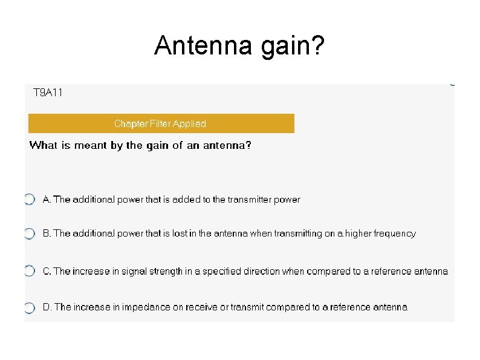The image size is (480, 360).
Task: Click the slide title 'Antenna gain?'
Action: pyautogui.click(x=239, y=46)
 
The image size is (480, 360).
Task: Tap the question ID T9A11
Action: pyautogui.click(x=48, y=93)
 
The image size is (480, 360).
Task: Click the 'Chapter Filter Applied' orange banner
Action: pyautogui.click(x=161, y=123)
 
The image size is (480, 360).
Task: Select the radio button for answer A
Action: pyautogui.click(x=30, y=199)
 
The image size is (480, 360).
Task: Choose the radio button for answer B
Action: pyautogui.click(x=30, y=234)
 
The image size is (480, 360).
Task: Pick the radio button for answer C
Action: pyautogui.click(x=30, y=271)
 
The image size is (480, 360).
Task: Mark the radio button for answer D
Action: pyautogui.click(x=30, y=307)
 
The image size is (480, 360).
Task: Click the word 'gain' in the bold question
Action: pyautogui.click(x=157, y=146)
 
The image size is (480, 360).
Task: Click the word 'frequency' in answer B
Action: pyautogui.click(x=395, y=234)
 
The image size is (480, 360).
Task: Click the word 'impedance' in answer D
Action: pyautogui.click(x=146, y=307)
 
